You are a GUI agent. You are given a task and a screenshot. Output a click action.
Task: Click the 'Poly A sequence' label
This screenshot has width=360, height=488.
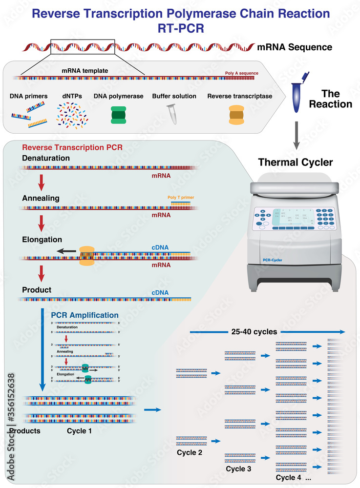click(x=241, y=73)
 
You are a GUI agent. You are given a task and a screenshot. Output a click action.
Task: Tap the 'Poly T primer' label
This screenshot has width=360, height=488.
click(x=180, y=198)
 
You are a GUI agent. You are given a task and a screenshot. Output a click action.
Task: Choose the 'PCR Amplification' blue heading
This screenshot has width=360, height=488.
click(x=85, y=315)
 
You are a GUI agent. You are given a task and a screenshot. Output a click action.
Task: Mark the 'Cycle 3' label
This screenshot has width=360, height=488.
click(x=239, y=469)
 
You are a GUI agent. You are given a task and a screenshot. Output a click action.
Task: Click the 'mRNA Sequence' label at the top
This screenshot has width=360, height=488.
click(x=295, y=47)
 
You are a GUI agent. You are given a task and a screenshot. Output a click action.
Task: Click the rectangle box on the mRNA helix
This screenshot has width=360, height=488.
click(x=83, y=47)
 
